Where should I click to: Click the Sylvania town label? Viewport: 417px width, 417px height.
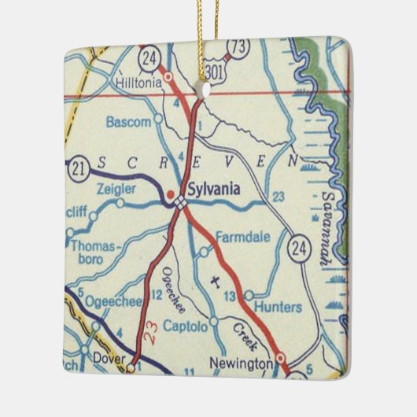coord(213,190)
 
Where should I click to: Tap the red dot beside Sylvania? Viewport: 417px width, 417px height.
coord(172,192)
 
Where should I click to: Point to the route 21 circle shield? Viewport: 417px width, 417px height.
coord(76,168)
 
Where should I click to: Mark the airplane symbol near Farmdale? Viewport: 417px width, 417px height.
coord(217,279)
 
